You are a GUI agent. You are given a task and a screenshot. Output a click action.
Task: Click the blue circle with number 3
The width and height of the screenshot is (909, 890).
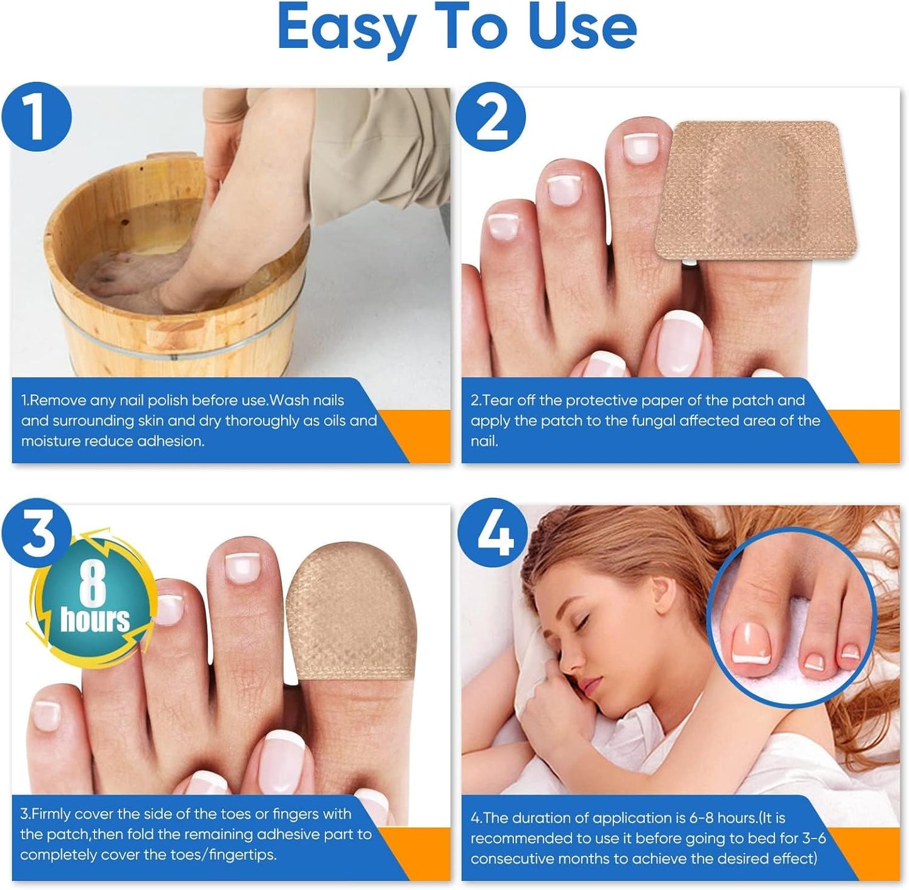(36, 533)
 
